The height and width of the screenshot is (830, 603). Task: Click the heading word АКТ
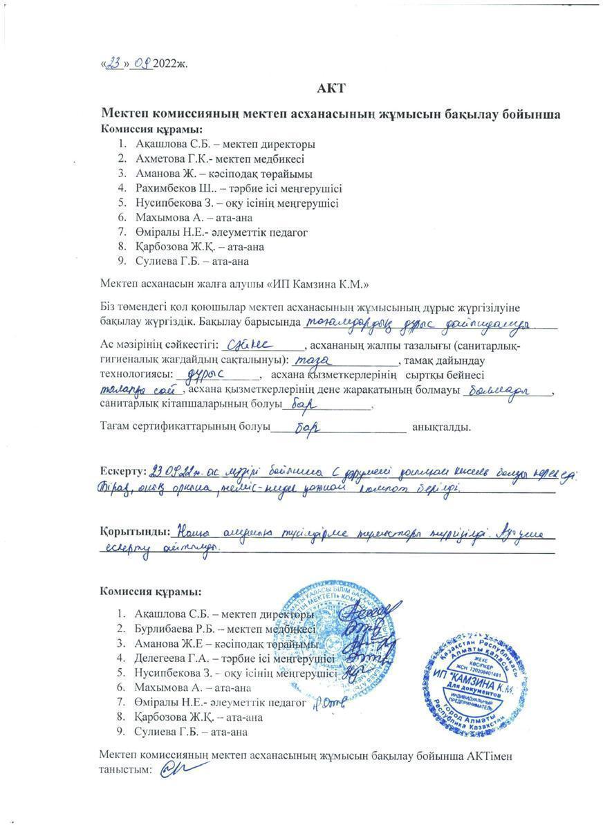point(330,88)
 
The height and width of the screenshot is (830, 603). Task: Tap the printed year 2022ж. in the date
point(171,64)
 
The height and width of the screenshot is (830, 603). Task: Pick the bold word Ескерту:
point(122,471)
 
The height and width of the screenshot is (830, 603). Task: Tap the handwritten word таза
point(315,360)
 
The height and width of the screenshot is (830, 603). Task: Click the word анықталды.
point(441,427)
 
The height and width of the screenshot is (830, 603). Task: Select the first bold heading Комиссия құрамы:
point(151,129)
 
